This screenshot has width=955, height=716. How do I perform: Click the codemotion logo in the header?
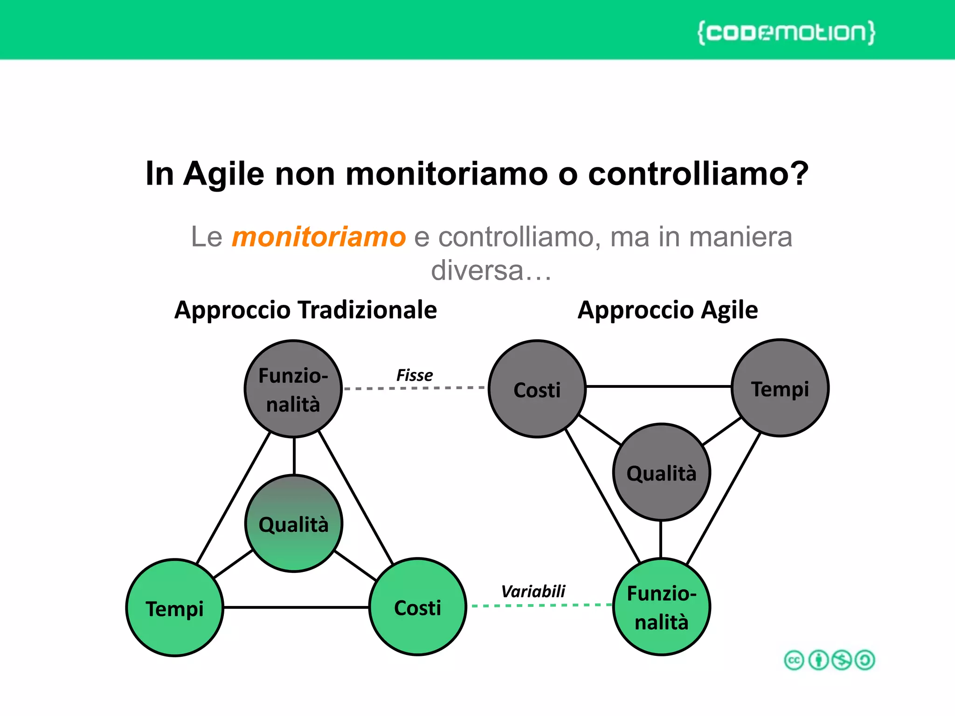[x=786, y=33]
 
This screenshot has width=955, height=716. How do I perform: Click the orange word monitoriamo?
[x=319, y=237]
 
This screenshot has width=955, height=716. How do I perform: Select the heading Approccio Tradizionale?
[x=305, y=310]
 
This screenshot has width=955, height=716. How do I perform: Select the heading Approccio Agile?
[x=667, y=310]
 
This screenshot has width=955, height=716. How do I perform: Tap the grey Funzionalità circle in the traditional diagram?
[x=293, y=389]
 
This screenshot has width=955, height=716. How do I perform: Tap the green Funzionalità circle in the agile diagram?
[x=661, y=607]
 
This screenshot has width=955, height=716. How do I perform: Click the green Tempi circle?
[x=175, y=608]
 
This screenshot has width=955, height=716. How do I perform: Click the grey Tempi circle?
[x=780, y=388]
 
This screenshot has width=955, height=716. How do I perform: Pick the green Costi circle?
[x=417, y=607]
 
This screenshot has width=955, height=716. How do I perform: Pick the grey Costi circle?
[x=537, y=389]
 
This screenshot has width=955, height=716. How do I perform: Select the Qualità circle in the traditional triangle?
[x=294, y=523]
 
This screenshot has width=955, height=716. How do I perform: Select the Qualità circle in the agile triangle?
[x=661, y=472]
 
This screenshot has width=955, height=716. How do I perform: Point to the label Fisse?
[x=415, y=375]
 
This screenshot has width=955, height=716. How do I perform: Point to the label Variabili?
[x=533, y=592]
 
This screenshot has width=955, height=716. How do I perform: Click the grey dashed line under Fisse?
[x=415, y=387]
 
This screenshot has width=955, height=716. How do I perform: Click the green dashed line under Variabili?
[x=541, y=605]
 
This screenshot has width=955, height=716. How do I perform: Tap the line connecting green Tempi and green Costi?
[x=296, y=607]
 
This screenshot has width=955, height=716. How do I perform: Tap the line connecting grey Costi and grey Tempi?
[x=657, y=386]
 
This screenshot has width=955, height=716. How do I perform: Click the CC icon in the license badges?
[x=794, y=660]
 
